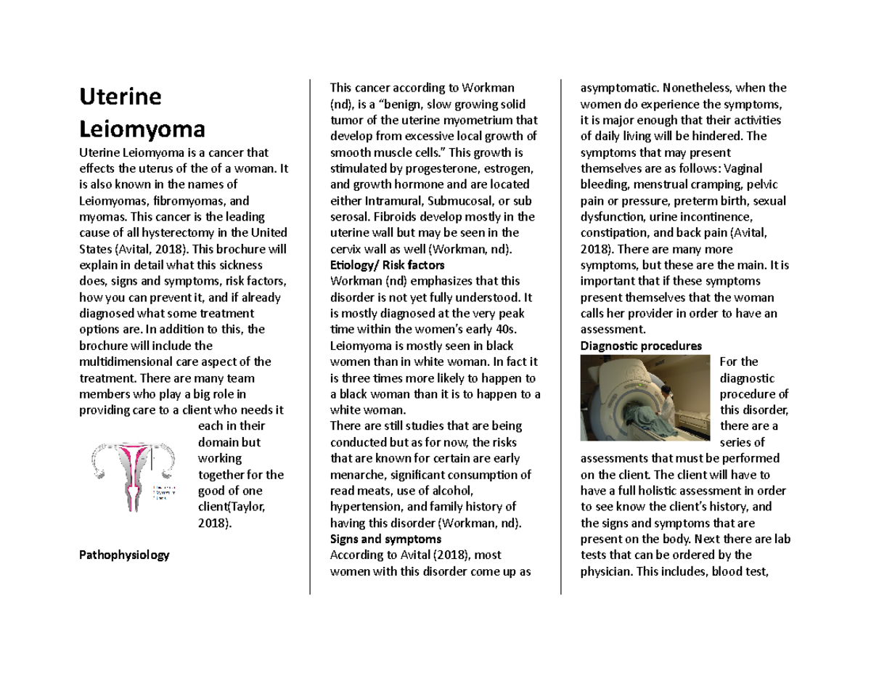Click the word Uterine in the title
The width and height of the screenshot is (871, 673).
point(120,97)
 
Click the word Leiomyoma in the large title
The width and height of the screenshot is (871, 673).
point(142,129)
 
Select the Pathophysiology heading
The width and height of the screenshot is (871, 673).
point(123,555)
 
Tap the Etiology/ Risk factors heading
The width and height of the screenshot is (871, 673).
point(386,265)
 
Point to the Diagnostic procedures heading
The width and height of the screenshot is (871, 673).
point(642,346)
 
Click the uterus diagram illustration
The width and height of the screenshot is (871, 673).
point(133,473)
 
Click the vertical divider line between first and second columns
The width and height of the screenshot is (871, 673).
point(310,334)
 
